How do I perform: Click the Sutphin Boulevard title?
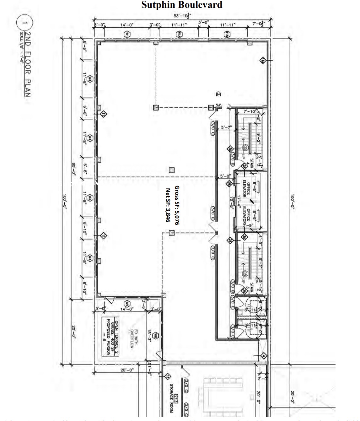point(182,5)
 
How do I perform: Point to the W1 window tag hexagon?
point(127,34)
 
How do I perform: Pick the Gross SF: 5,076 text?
point(177,205)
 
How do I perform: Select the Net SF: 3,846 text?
point(168,205)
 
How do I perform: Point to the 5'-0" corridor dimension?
point(225,176)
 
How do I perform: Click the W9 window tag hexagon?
point(127,304)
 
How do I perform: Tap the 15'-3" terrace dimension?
point(149,335)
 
